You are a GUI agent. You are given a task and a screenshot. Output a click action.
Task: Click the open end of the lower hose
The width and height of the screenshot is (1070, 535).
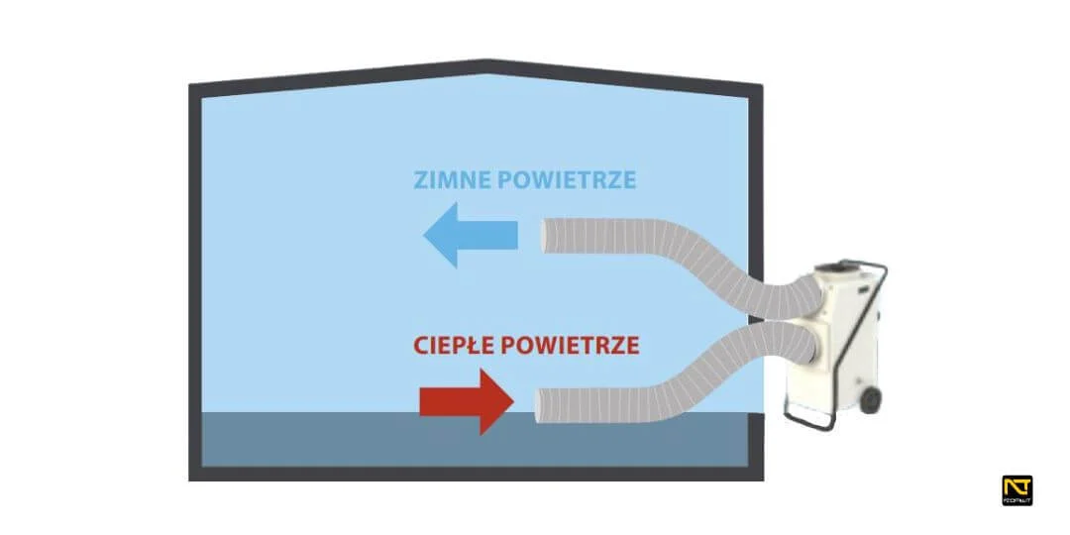[x=540, y=402]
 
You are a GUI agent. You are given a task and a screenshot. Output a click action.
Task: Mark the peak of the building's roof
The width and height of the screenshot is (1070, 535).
[x=485, y=64]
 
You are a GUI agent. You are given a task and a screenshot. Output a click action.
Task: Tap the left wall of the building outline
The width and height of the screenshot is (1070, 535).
[x=194, y=277]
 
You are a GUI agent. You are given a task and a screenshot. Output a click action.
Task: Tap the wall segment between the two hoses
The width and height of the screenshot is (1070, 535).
[x=758, y=317]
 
